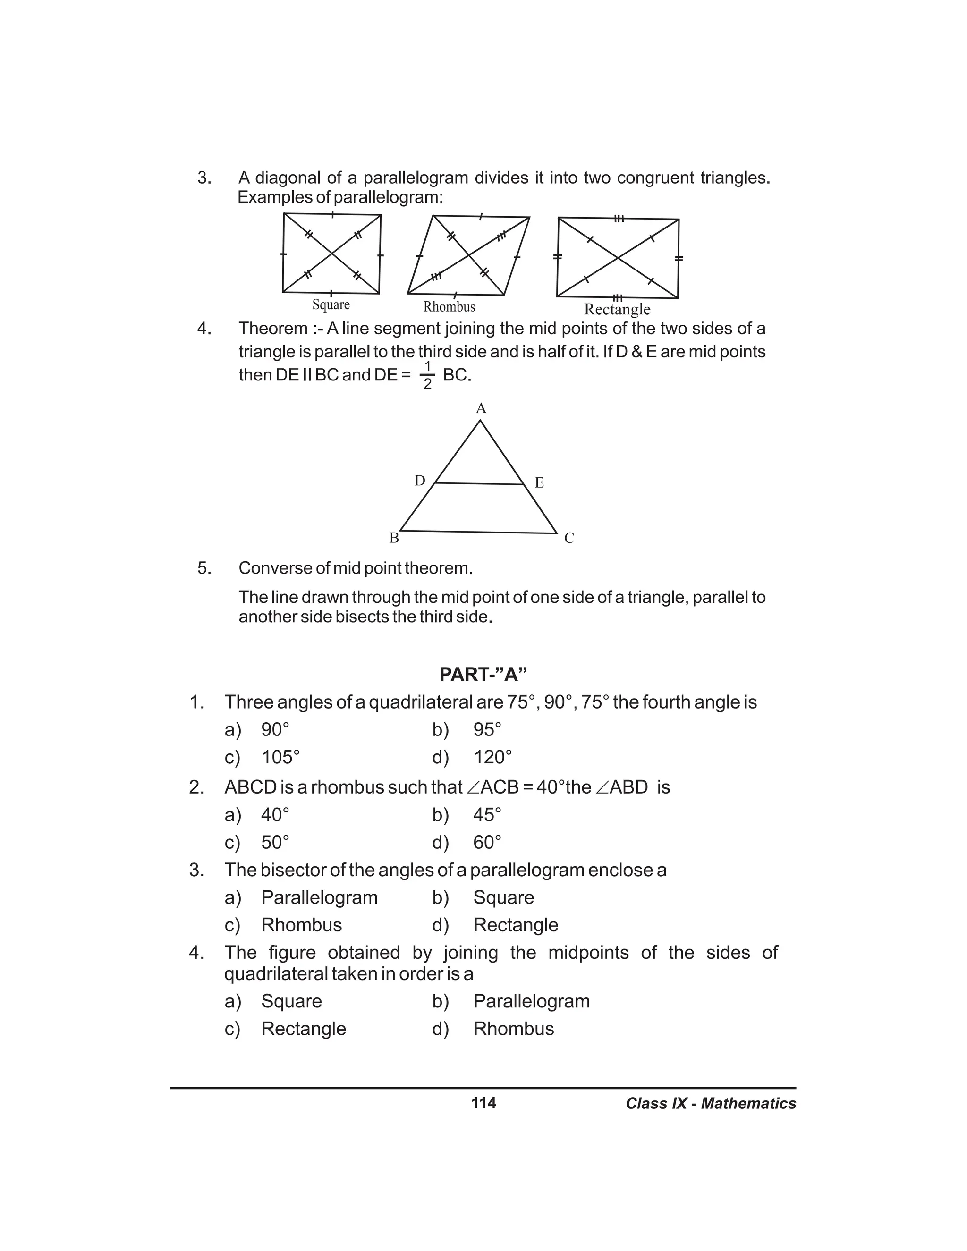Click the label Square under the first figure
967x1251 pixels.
pyautogui.click(x=331, y=305)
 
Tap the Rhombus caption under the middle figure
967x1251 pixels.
pyautogui.click(x=449, y=307)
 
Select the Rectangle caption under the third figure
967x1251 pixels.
pyautogui.click(x=617, y=309)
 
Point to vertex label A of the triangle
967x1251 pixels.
pyautogui.click(x=481, y=408)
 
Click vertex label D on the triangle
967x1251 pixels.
pyautogui.click(x=420, y=481)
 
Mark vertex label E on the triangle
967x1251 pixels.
pyautogui.click(x=539, y=483)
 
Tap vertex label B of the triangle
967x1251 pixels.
pyautogui.click(x=394, y=538)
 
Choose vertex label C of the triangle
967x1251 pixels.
pyautogui.click(x=569, y=539)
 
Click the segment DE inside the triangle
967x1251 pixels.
pyautogui.click(x=480, y=483)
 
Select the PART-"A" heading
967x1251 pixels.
pyautogui.click(x=483, y=674)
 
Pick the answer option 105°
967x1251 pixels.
pyautogui.click(x=280, y=757)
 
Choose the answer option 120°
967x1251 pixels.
pyautogui.click(x=492, y=757)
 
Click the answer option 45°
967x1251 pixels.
pyautogui.click(x=487, y=814)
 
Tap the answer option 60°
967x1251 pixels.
pyautogui.click(x=487, y=842)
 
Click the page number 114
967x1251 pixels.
pyautogui.click(x=483, y=1103)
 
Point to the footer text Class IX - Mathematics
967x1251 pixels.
pyautogui.click(x=710, y=1104)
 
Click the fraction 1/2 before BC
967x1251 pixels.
pyautogui.click(x=427, y=375)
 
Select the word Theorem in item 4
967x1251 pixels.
pyautogui.click(x=273, y=329)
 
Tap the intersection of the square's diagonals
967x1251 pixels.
pyautogui.click(x=331, y=254)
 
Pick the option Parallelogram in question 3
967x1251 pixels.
pyautogui.click(x=319, y=897)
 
